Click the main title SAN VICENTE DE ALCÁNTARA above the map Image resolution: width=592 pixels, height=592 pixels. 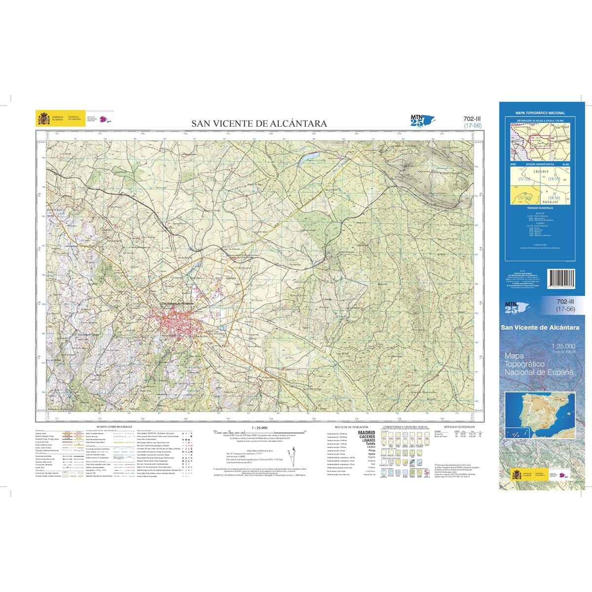coord(259,124)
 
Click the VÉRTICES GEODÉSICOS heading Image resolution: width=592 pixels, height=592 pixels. coord(459,426)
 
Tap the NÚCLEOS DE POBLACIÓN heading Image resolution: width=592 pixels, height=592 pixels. coord(349,426)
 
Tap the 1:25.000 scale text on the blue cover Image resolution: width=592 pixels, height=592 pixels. coord(563,346)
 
